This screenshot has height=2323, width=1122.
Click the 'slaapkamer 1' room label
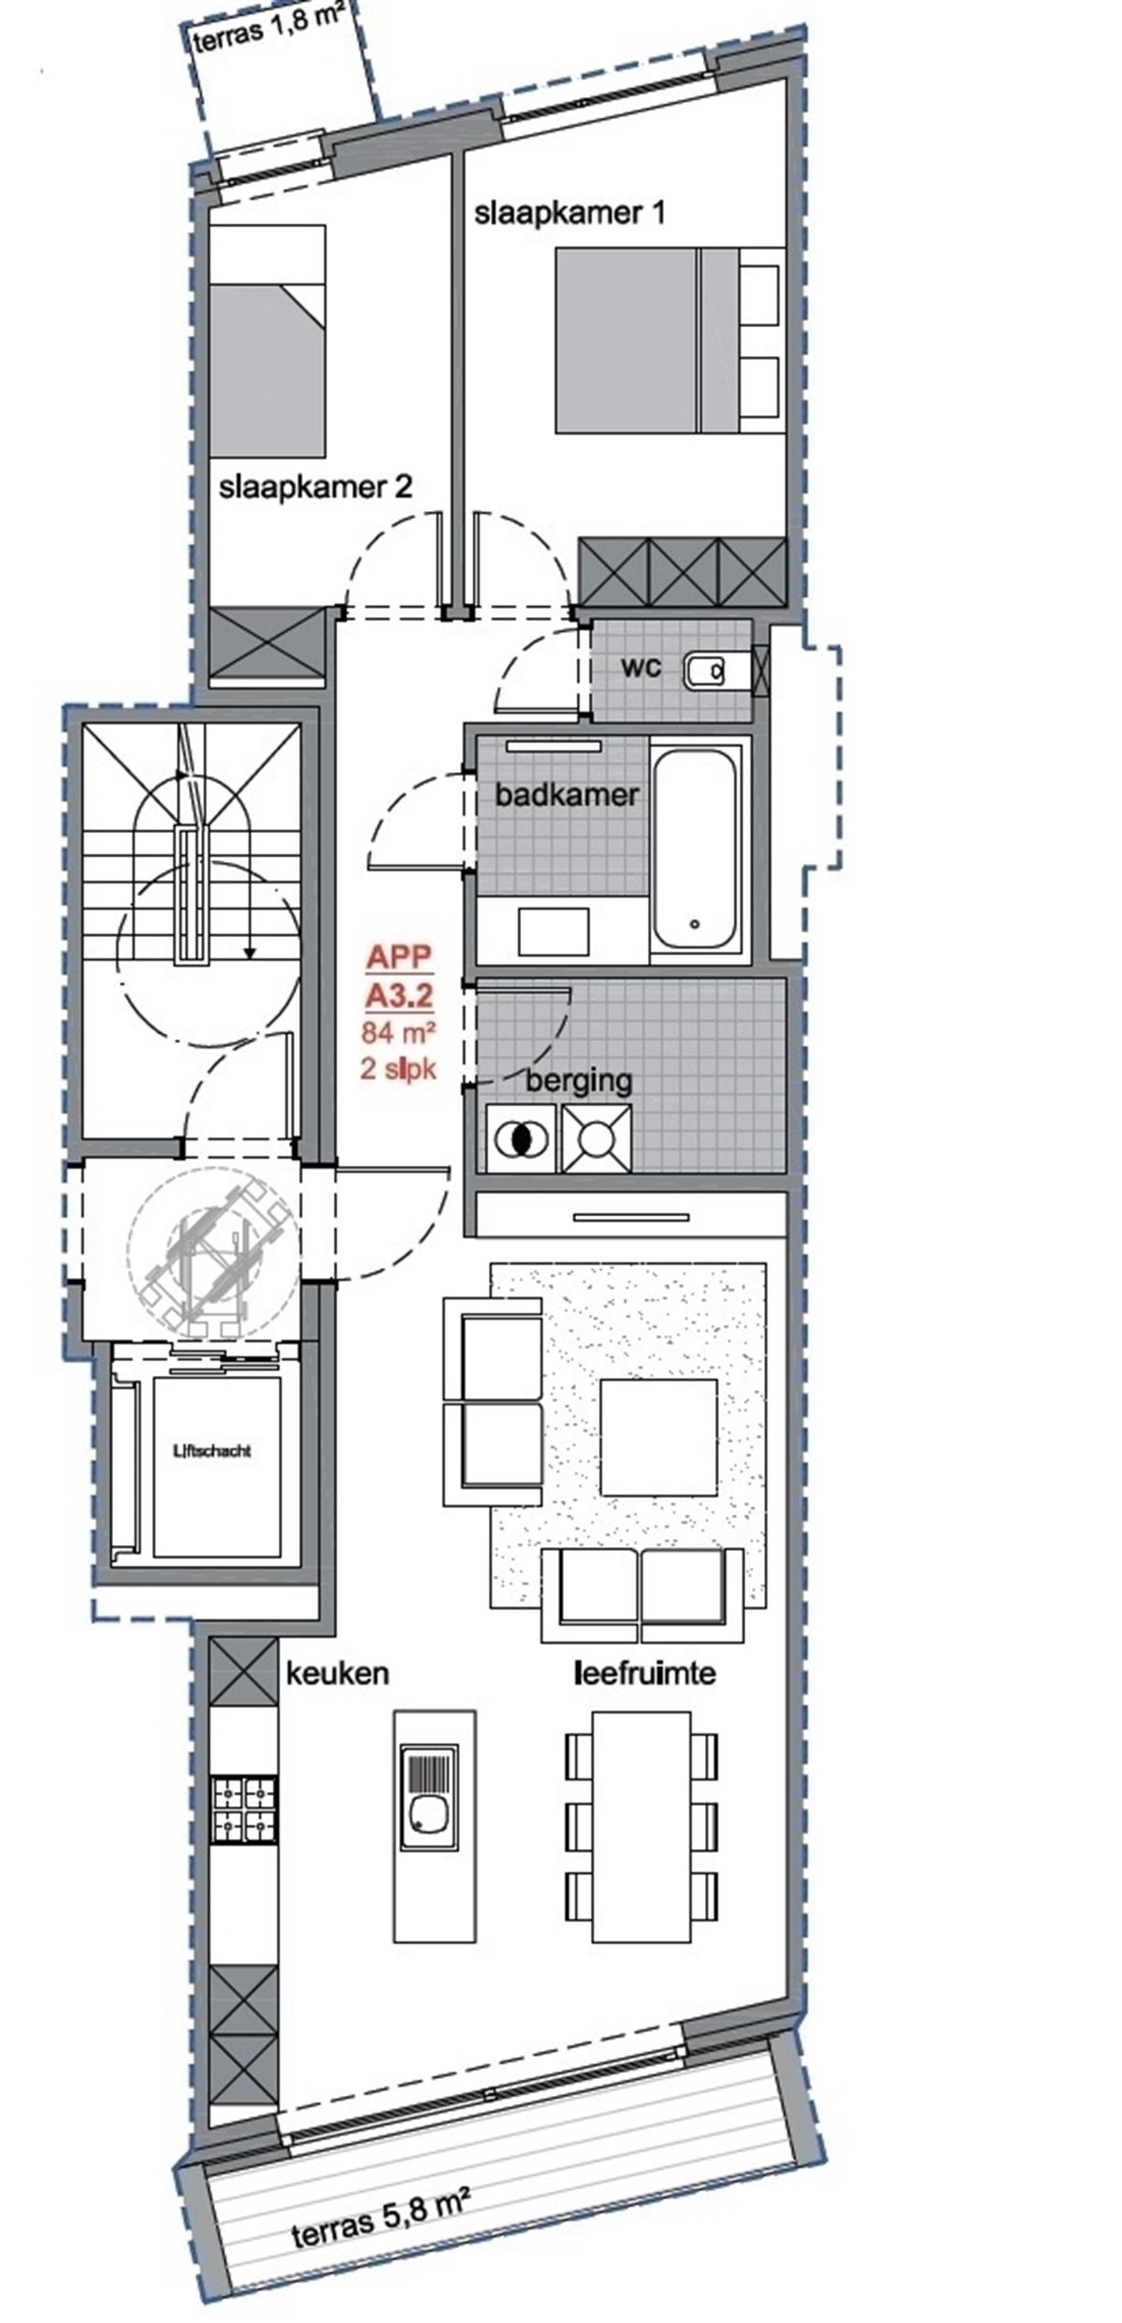pos(569,213)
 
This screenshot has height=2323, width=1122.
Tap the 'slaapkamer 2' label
pos(315,487)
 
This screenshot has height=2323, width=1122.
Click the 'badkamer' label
pos(567,796)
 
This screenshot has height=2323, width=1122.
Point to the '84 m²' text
pos(399,1034)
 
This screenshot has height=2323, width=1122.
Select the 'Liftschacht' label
pos(213,1451)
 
